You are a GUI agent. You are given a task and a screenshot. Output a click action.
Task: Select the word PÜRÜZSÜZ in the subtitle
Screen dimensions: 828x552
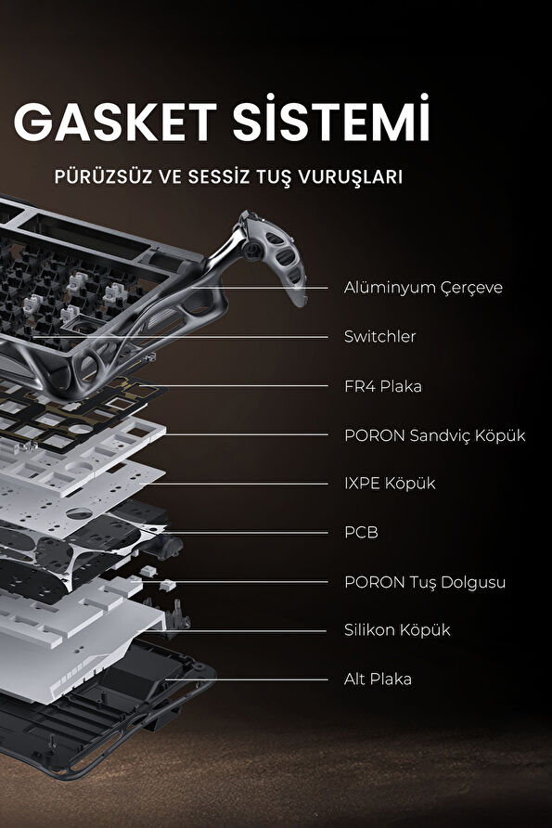click(99, 176)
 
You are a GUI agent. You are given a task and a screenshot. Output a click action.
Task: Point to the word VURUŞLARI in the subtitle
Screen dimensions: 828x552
click(352, 176)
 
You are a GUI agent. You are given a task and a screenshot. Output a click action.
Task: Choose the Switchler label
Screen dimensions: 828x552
click(379, 336)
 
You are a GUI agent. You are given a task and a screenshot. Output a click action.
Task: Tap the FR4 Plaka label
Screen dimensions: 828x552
click(382, 385)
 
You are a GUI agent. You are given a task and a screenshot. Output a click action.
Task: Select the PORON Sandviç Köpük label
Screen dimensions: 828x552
click(434, 434)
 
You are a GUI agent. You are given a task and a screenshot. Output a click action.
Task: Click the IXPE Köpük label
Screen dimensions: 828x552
click(389, 484)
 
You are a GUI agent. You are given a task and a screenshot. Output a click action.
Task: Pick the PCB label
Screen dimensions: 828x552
click(361, 533)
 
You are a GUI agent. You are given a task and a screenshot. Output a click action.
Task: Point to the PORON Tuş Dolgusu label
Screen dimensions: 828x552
click(424, 582)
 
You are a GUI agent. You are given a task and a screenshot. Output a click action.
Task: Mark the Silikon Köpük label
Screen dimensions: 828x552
click(396, 630)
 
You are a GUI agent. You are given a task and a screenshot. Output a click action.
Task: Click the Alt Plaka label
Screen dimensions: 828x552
click(378, 679)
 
